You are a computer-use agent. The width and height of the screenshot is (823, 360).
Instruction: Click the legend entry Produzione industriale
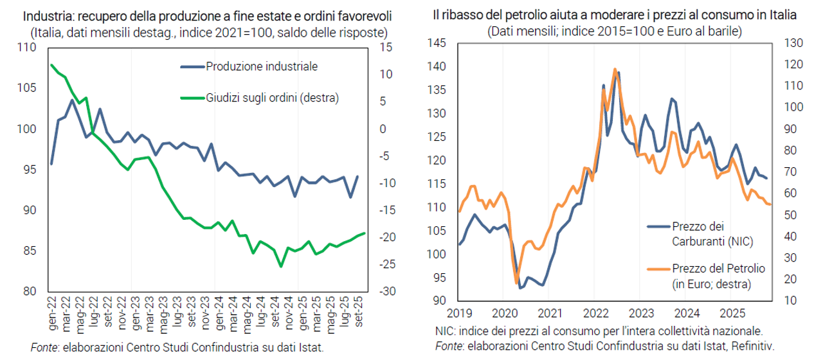pos(262,66)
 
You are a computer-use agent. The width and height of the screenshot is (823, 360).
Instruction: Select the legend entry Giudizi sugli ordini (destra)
pos(272,98)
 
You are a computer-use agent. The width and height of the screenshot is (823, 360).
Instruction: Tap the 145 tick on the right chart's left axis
pos(437,43)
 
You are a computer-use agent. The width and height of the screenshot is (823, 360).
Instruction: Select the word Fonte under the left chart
pos(42,347)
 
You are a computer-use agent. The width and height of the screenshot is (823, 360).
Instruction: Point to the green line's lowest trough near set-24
pos(281,265)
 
